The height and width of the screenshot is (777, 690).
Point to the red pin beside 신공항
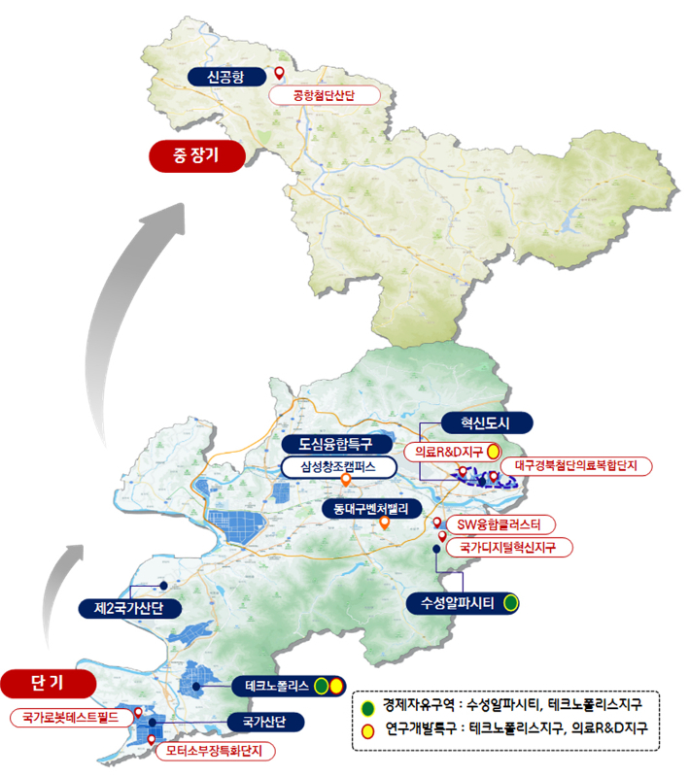[280, 74]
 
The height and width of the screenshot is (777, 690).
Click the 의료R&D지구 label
[443, 452]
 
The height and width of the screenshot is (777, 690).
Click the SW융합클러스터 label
[505, 525]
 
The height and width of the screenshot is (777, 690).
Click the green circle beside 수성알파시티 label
[510, 603]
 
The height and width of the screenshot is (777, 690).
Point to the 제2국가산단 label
[128, 609]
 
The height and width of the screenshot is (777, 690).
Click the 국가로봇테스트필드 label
[68, 719]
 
